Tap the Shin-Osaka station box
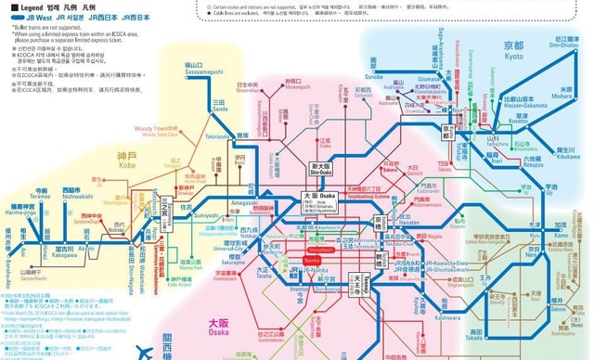(x=319, y=167)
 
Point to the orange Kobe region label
(x=127, y=158)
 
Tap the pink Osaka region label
(x=219, y=326)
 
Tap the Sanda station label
(x=219, y=107)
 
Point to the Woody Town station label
(x=154, y=129)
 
